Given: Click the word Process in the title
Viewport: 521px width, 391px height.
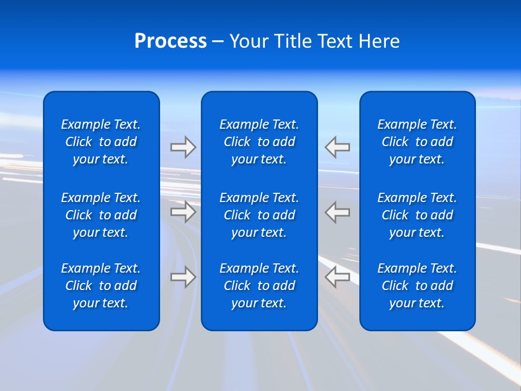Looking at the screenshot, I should point(170,41).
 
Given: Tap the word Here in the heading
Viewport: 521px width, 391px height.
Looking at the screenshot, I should point(379,41).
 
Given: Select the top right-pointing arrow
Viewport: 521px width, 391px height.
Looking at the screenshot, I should point(183,147).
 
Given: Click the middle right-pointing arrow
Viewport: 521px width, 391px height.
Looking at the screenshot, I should point(183,212).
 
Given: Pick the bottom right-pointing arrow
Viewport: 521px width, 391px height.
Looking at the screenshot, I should point(183,277).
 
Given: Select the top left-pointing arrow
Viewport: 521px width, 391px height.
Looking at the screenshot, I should point(338,147).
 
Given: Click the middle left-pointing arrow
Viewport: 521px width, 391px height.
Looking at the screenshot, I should point(338,212).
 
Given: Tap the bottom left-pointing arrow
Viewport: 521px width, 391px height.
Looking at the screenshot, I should point(338,277).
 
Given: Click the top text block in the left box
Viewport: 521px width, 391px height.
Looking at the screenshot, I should point(101,142).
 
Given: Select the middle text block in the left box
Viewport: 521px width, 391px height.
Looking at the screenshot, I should point(101,215).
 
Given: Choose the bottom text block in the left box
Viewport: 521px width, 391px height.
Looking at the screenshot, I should point(101,286).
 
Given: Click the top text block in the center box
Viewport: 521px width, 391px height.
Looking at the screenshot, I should point(259,142).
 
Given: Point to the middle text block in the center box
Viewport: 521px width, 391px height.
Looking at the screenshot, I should point(259,215).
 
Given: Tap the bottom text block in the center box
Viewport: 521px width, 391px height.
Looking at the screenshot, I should point(259,286).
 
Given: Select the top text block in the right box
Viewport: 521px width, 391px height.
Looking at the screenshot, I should point(417,142).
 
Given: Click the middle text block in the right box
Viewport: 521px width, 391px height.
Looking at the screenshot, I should point(417,215).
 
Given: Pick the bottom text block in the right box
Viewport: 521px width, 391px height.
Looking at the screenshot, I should point(417,286).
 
